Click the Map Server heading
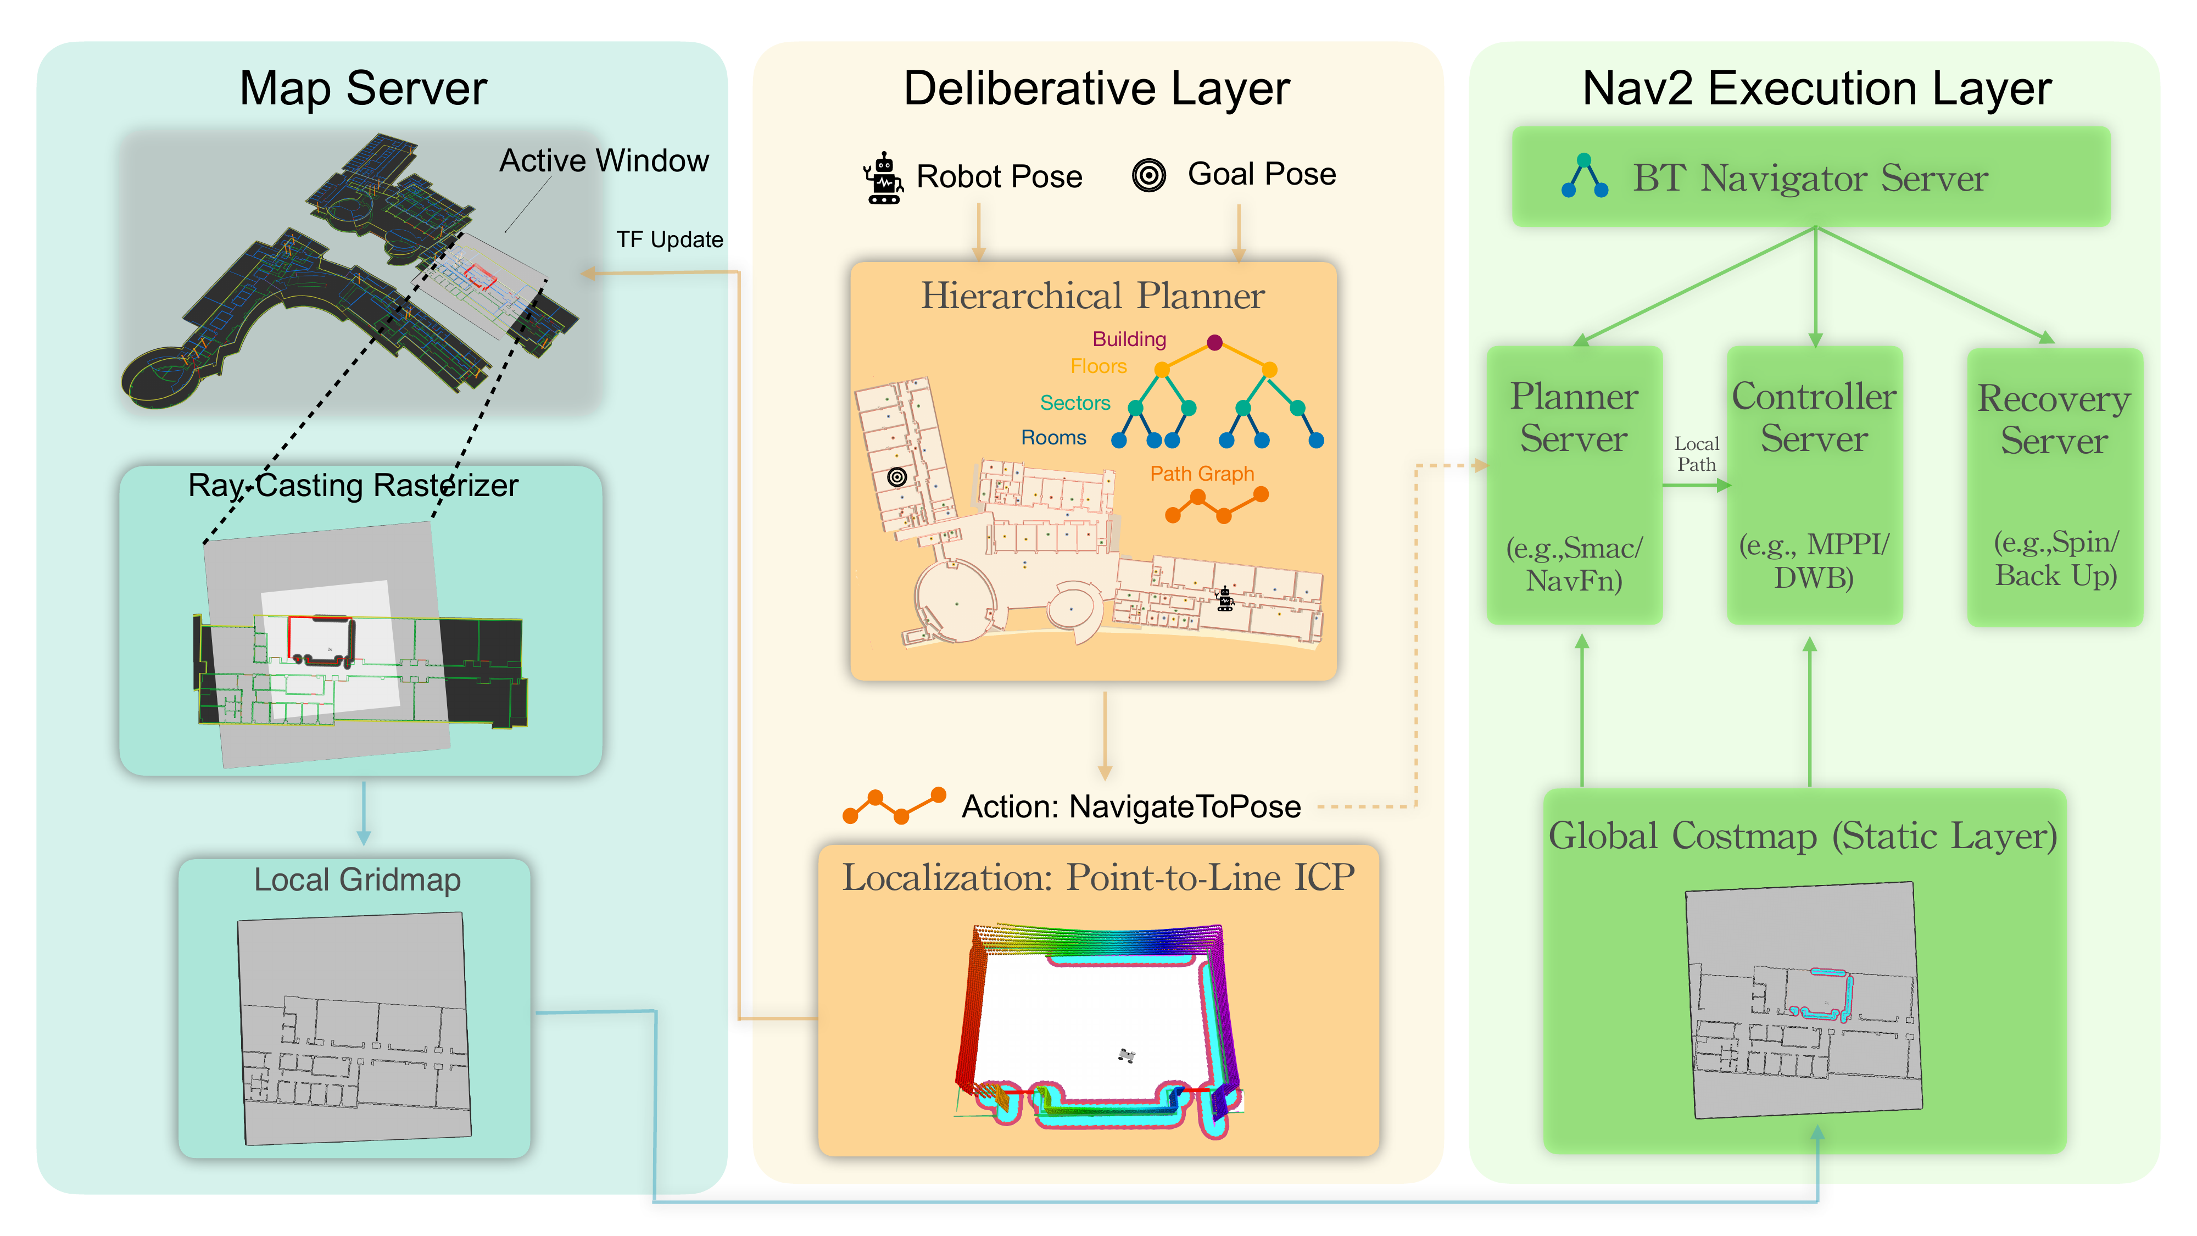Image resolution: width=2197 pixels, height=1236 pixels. coord(363,88)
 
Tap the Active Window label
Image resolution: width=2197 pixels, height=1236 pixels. coord(603,160)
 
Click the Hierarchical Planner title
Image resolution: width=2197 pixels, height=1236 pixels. coord(1092,296)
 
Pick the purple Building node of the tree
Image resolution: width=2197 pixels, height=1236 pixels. coord(1214,343)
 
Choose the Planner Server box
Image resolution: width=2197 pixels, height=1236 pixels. coord(1574,485)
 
